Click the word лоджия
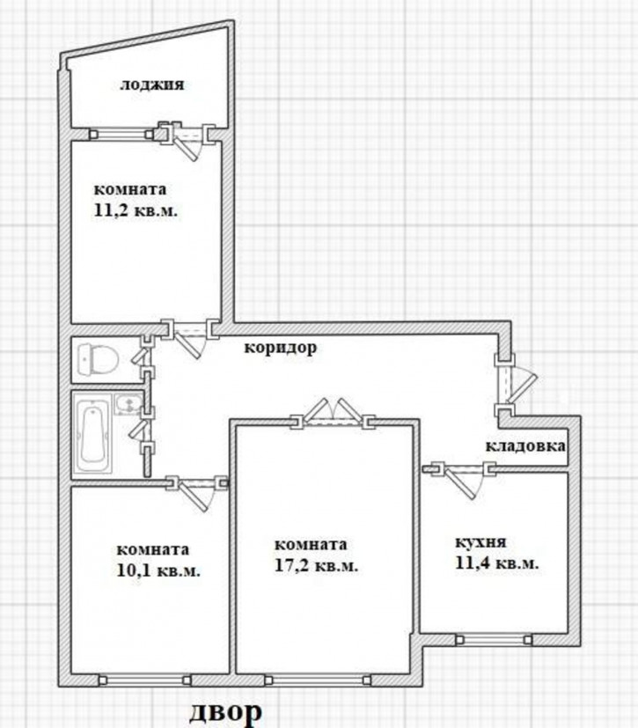coord(152,85)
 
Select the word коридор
coord(281,347)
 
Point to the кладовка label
coord(525,446)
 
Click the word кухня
coord(480,543)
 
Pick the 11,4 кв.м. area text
coord(496,563)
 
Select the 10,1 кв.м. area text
coord(158,570)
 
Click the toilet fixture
coord(98,359)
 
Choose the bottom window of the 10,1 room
coord(144,680)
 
